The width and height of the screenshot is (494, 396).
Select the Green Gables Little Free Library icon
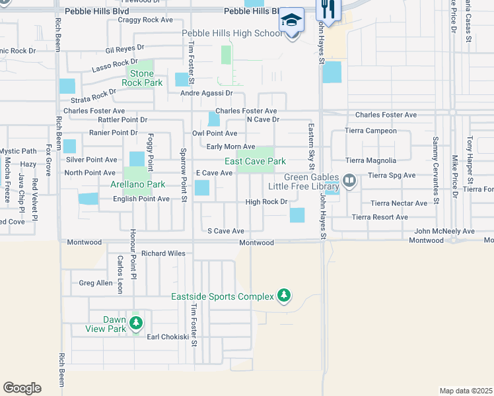click(x=349, y=180)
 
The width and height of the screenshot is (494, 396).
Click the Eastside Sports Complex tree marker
click(x=284, y=295)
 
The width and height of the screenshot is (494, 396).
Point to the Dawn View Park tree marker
click(x=135, y=323)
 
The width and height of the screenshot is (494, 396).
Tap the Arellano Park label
click(x=138, y=184)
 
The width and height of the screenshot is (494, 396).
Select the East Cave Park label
click(x=255, y=161)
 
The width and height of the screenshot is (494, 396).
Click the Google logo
click(x=22, y=388)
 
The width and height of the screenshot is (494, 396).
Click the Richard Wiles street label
click(x=163, y=253)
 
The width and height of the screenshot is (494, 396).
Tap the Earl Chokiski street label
click(x=164, y=337)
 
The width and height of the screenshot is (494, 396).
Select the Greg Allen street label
click(x=96, y=282)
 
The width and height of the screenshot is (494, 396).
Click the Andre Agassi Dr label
click(x=207, y=94)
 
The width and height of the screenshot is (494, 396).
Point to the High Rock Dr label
click(x=267, y=202)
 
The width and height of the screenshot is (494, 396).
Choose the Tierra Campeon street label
click(x=372, y=131)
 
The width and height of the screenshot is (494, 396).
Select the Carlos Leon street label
click(x=120, y=274)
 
